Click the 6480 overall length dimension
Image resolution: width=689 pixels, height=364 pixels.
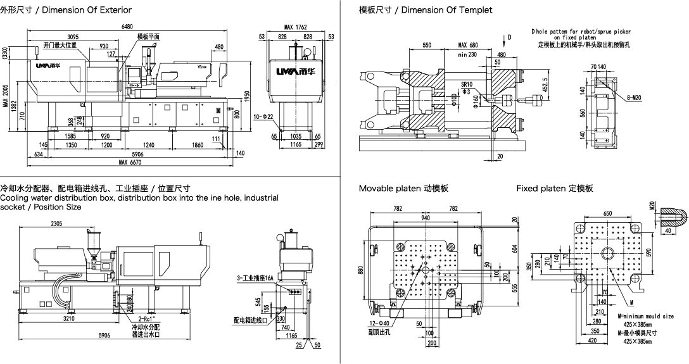127,27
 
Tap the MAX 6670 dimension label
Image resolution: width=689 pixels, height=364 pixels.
131,163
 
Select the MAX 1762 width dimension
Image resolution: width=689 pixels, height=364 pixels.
296,27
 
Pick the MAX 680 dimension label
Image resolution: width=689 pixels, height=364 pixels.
468,46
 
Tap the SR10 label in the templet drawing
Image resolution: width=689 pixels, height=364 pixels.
467,84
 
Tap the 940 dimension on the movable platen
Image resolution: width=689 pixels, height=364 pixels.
425,218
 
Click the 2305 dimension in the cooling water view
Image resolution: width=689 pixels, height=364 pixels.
57,223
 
